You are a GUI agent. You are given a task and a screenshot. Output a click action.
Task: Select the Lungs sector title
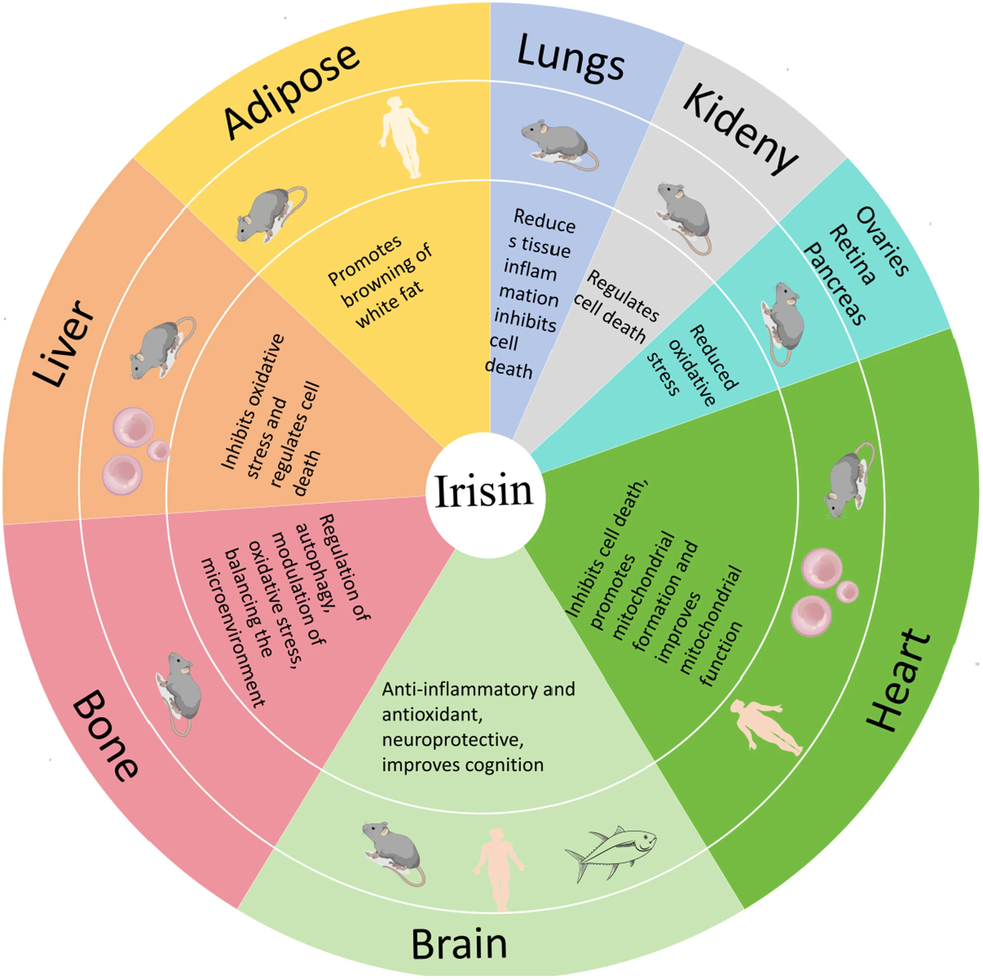(570, 59)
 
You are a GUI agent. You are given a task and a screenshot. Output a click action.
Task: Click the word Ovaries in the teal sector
(882, 241)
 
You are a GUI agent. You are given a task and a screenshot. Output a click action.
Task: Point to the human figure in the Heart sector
(765, 728)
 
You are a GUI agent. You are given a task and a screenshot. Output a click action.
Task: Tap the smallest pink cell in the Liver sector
(158, 450)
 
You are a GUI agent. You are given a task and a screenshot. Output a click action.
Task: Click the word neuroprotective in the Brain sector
(452, 739)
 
